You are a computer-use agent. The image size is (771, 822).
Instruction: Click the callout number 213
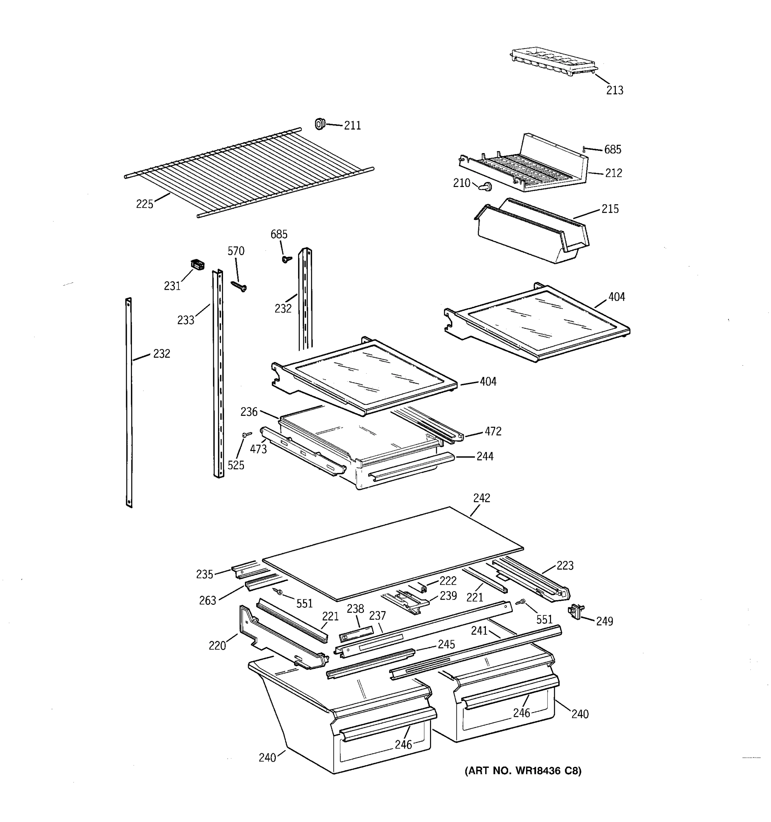[x=614, y=90]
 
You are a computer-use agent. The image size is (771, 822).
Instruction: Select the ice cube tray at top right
[x=554, y=61]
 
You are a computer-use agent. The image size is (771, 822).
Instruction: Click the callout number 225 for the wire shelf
[x=144, y=204]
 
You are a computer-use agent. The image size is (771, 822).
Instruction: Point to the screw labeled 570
[x=238, y=286]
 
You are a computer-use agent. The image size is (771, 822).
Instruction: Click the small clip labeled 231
[x=197, y=265]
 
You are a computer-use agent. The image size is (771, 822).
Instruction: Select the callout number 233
[x=185, y=320]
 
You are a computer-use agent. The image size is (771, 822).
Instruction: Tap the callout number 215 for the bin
[x=610, y=209]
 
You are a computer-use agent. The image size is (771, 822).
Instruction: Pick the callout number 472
[x=493, y=431]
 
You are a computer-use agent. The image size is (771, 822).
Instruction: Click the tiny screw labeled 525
[x=247, y=434]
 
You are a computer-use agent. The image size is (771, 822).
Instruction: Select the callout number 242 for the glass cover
[x=481, y=498]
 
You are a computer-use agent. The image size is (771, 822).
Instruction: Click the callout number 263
[x=207, y=600]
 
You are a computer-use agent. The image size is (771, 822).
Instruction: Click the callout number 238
[x=355, y=609]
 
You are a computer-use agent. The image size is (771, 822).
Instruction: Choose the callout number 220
[x=217, y=646]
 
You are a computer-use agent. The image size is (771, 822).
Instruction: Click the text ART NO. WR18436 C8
[x=523, y=771]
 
